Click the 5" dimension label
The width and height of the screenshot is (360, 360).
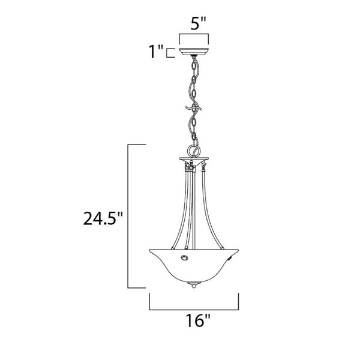tap(199, 23)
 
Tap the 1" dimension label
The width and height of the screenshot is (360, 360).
tap(156, 52)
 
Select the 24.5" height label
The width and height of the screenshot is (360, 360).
tap(103, 218)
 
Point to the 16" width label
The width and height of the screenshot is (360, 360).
tap(198, 320)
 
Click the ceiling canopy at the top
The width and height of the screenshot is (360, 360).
tap(194, 52)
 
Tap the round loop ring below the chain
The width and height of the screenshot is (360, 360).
tap(194, 151)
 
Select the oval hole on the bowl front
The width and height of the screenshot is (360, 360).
tap(184, 257)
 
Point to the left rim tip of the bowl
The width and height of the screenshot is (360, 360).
tap(149, 250)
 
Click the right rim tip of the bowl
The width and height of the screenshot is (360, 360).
tap(238, 250)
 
